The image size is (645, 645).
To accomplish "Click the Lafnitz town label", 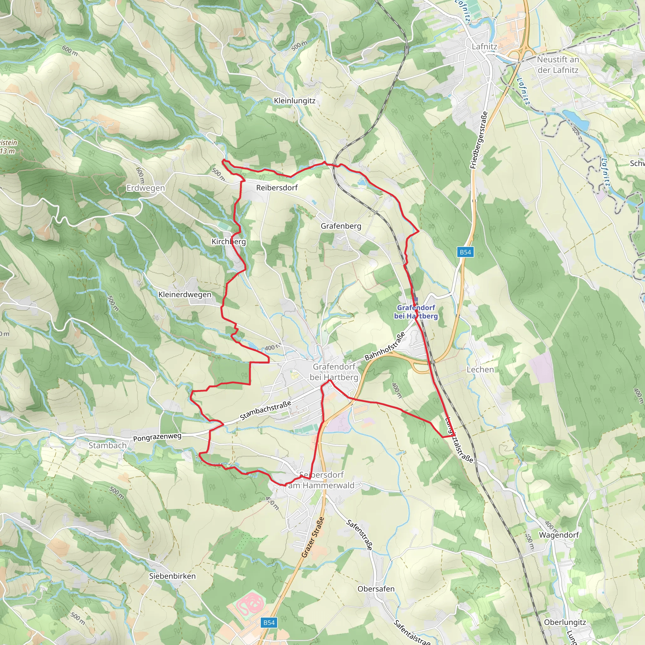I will (x=484, y=47).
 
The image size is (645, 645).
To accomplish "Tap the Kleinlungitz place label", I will (x=294, y=101).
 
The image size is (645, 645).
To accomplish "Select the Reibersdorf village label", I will (x=277, y=188).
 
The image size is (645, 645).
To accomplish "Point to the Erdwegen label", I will (x=146, y=188).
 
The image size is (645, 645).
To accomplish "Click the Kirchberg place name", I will (x=229, y=241).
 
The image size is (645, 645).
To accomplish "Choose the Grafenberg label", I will (x=341, y=226).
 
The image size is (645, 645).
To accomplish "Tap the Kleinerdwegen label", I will (x=185, y=294).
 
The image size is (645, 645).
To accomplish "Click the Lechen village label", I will (x=480, y=369).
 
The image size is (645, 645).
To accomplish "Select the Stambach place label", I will (x=107, y=445).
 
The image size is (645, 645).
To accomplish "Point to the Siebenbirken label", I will (x=172, y=576).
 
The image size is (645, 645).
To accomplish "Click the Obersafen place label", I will (x=376, y=589).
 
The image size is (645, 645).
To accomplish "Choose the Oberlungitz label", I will (x=565, y=622).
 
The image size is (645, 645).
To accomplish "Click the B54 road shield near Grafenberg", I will (x=465, y=252).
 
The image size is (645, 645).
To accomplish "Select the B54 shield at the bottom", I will (x=269, y=623).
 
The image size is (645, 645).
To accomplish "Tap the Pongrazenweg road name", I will (x=157, y=437).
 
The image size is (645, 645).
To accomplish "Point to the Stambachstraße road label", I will (x=265, y=410).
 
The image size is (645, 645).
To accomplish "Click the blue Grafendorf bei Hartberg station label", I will (x=416, y=312).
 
